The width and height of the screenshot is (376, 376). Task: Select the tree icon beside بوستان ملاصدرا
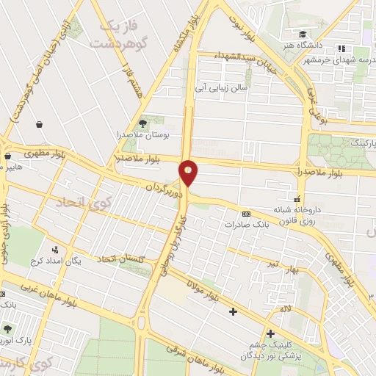[142, 123]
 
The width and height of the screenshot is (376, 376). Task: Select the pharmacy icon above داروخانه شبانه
[297, 198]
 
